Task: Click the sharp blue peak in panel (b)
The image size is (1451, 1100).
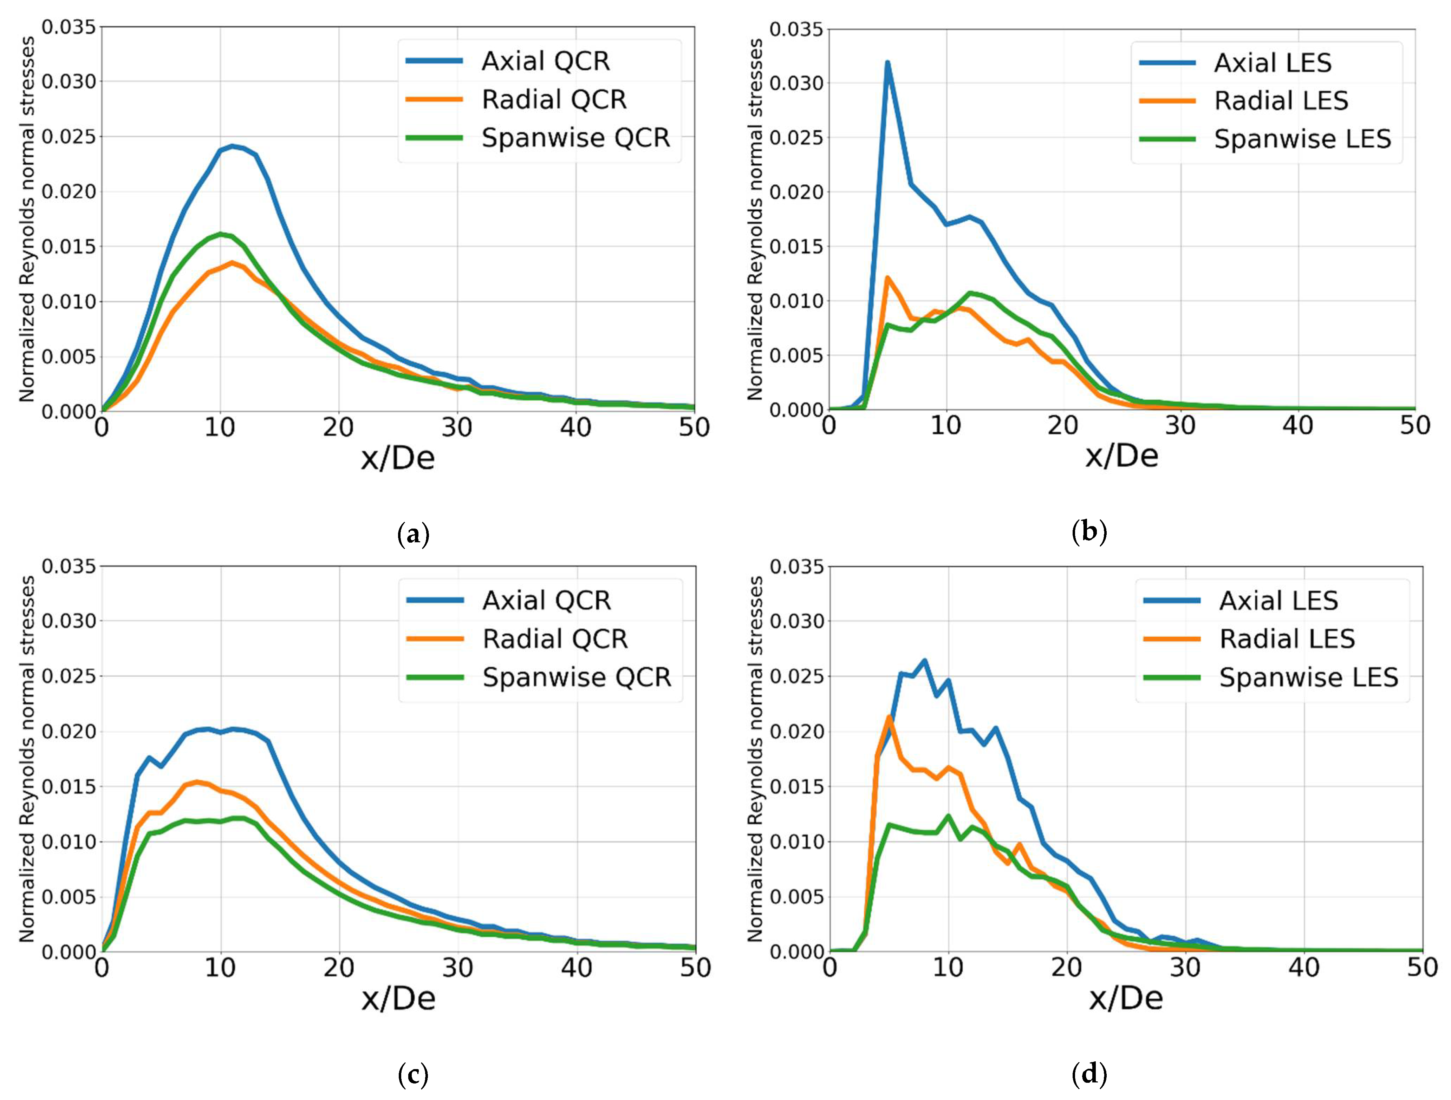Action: (887, 63)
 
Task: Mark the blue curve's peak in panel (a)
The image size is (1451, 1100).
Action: (232, 146)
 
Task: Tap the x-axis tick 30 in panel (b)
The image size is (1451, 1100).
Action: (1180, 425)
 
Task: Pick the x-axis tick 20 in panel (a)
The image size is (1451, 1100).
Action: (338, 428)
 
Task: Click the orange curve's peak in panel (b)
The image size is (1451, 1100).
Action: (887, 277)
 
